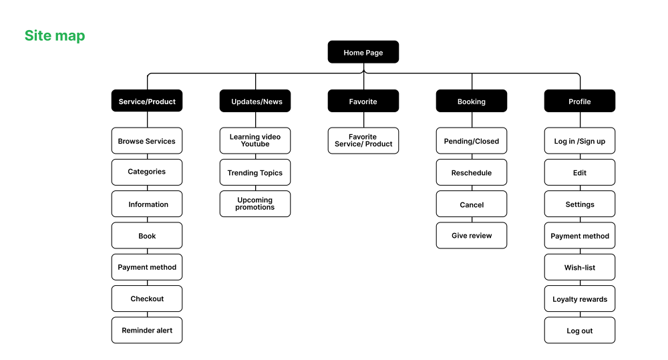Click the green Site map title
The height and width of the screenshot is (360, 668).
tap(55, 36)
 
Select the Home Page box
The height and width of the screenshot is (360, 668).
tap(363, 52)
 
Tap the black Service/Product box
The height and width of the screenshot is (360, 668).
tap(147, 101)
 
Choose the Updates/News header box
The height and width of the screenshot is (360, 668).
tap(255, 101)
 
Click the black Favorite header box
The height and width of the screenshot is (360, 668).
tap(363, 101)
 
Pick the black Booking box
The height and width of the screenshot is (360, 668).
tap(472, 101)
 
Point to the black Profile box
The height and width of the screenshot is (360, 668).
tap(580, 101)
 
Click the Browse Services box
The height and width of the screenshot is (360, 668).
tap(147, 140)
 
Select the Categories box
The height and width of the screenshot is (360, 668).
tap(147, 172)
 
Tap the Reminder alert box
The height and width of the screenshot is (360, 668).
tap(147, 330)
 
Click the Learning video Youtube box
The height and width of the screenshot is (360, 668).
tap(255, 140)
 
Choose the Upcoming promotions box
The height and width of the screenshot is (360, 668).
tap(255, 204)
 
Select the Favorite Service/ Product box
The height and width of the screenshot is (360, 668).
tap(363, 140)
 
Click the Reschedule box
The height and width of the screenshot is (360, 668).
tap(472, 172)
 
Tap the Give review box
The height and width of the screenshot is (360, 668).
tap(472, 235)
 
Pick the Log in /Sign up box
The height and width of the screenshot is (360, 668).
tap(580, 140)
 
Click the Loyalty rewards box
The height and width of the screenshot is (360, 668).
tap(580, 299)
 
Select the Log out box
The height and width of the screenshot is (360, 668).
tap(580, 330)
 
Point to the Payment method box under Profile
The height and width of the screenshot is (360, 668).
tap(580, 235)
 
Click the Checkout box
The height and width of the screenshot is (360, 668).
tap(147, 299)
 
